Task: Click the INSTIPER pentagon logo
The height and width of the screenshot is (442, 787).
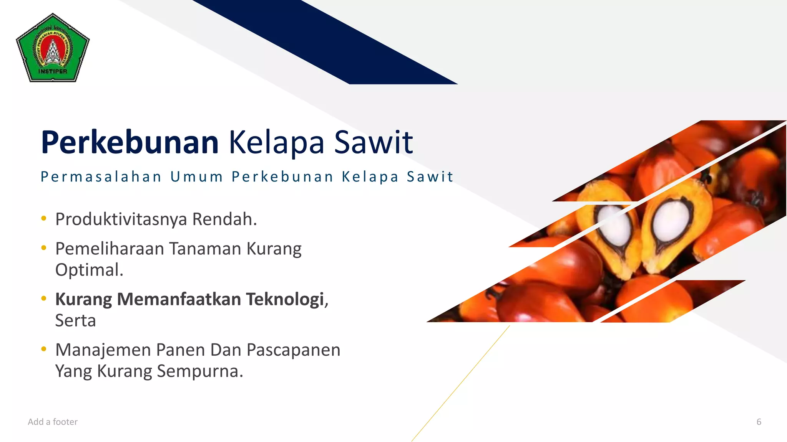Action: pos(53,48)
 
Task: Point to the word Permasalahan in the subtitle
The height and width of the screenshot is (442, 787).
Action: pos(101,177)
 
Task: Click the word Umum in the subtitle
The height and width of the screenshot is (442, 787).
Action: pos(197,177)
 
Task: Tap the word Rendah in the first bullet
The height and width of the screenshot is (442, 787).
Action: pos(224,219)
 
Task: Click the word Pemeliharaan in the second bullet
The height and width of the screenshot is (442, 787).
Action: pos(110,249)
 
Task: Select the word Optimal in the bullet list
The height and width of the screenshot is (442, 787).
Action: pos(89,270)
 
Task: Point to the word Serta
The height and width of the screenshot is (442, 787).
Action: pos(75,321)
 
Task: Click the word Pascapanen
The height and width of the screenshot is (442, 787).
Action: pos(293,350)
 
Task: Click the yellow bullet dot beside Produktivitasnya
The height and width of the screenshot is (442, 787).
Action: pos(44,219)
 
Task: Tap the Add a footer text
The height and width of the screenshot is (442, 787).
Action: pos(53,422)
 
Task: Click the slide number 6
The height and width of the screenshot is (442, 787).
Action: pos(759,422)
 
